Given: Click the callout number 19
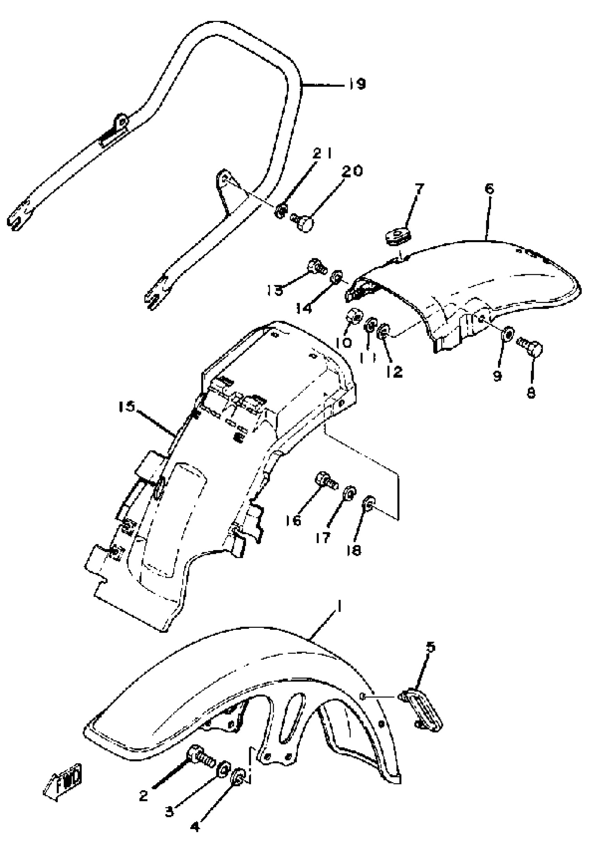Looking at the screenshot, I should click(356, 84).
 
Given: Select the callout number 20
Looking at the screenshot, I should click(352, 171).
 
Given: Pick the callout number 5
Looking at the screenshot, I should click(431, 647).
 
